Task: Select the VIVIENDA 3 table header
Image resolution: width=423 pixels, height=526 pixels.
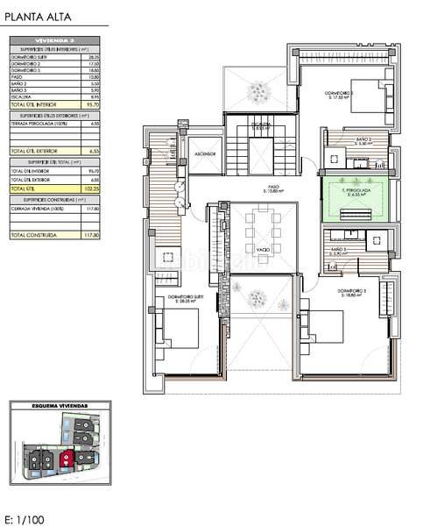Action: [x=55, y=40]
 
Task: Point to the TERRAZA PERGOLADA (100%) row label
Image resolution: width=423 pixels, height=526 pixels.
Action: [x=35, y=123]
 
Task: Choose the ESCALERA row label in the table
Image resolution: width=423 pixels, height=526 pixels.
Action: [x=21, y=97]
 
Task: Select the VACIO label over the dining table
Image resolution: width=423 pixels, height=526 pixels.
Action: [x=263, y=250]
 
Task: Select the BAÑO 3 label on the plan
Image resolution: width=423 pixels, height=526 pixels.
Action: [x=339, y=251]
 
